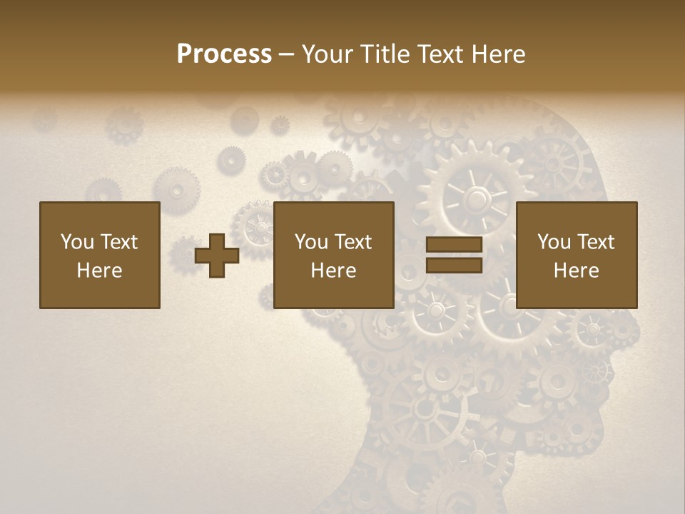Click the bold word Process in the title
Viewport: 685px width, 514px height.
pos(224,54)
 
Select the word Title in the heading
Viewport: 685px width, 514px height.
pos(384,54)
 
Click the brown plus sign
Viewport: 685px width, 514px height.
pos(217,256)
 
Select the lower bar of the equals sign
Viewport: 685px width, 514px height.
pos(454,265)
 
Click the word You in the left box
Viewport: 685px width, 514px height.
pos(77,242)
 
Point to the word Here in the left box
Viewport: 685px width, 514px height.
pos(99,271)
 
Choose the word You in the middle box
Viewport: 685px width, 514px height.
pos(311,242)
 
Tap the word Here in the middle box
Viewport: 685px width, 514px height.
pos(333,271)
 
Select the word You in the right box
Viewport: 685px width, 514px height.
pos(554,242)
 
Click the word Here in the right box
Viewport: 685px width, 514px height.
pos(576,271)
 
